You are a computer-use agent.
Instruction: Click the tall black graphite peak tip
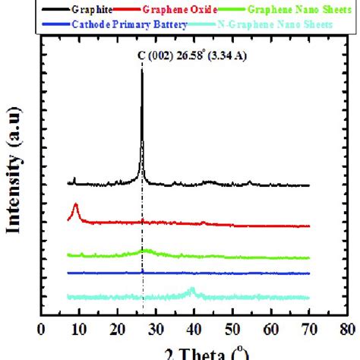point(142,70)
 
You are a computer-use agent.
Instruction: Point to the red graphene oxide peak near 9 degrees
point(75,206)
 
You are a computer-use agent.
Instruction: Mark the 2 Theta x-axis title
point(194,352)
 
